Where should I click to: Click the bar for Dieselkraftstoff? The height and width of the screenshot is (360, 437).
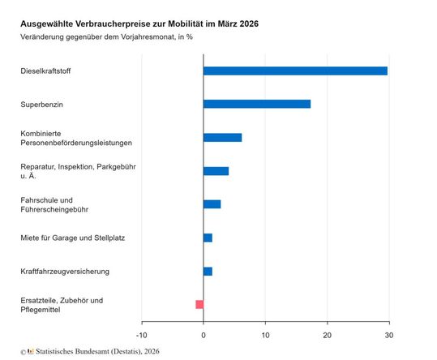coord(295,71)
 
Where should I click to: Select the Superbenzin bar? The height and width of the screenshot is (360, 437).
coord(256,104)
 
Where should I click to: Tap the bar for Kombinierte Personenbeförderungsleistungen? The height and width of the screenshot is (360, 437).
coord(222,137)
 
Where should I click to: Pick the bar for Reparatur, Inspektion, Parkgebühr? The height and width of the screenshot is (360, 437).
coord(216,171)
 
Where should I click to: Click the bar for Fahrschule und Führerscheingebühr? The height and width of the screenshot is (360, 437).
coord(212,204)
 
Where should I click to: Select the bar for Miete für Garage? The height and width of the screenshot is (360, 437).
coord(208,238)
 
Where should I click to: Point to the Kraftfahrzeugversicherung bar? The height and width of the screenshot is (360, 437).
coord(208,271)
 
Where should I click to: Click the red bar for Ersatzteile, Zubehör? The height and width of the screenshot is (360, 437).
coord(199,304)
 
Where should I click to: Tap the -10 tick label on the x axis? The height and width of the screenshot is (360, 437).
coord(141,334)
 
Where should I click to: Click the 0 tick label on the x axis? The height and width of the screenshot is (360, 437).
coord(204,334)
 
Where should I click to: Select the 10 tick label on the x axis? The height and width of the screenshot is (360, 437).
coord(265,334)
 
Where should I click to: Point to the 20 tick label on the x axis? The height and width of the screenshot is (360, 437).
coord(327,334)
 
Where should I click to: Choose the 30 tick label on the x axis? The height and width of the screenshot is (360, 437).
coord(388,334)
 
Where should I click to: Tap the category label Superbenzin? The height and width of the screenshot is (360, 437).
coord(43,105)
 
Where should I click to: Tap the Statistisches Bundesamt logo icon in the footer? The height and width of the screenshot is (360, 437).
coord(31,352)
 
